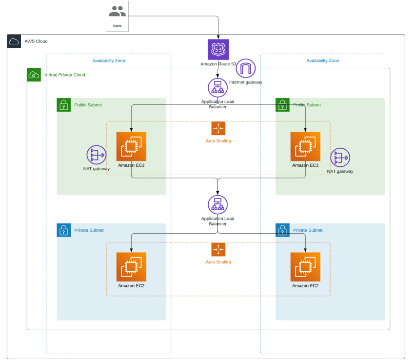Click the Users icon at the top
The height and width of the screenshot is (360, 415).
[x=117, y=12]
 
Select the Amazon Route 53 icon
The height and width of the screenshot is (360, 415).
[x=218, y=50]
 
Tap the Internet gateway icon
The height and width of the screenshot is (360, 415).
[x=246, y=69]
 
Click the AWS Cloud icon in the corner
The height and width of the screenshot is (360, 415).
[x=14, y=41]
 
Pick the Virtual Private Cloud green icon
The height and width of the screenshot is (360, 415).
[x=34, y=75]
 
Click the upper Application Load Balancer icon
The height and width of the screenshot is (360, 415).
[x=218, y=88]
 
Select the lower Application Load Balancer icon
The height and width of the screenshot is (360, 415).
[x=218, y=205]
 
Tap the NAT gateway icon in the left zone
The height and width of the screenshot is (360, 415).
[x=97, y=155]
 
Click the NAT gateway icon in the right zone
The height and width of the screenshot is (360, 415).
[x=340, y=158]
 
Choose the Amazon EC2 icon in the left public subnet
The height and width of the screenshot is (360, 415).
[x=131, y=146]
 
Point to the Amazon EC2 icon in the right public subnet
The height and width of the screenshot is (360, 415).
[x=305, y=146]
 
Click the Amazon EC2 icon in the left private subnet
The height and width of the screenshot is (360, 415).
[x=131, y=267]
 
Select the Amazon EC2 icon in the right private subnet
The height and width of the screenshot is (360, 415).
[x=305, y=267]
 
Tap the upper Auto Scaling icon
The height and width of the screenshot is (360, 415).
[x=218, y=128]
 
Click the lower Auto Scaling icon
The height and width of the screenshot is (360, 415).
[x=218, y=249]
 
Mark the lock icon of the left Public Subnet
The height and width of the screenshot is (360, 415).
[x=63, y=105]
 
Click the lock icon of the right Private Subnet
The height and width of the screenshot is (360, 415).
[x=282, y=230]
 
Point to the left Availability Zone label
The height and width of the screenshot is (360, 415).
[x=109, y=61]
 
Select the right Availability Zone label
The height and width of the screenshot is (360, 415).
[x=322, y=61]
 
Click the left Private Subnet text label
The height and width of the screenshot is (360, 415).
[x=89, y=230]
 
